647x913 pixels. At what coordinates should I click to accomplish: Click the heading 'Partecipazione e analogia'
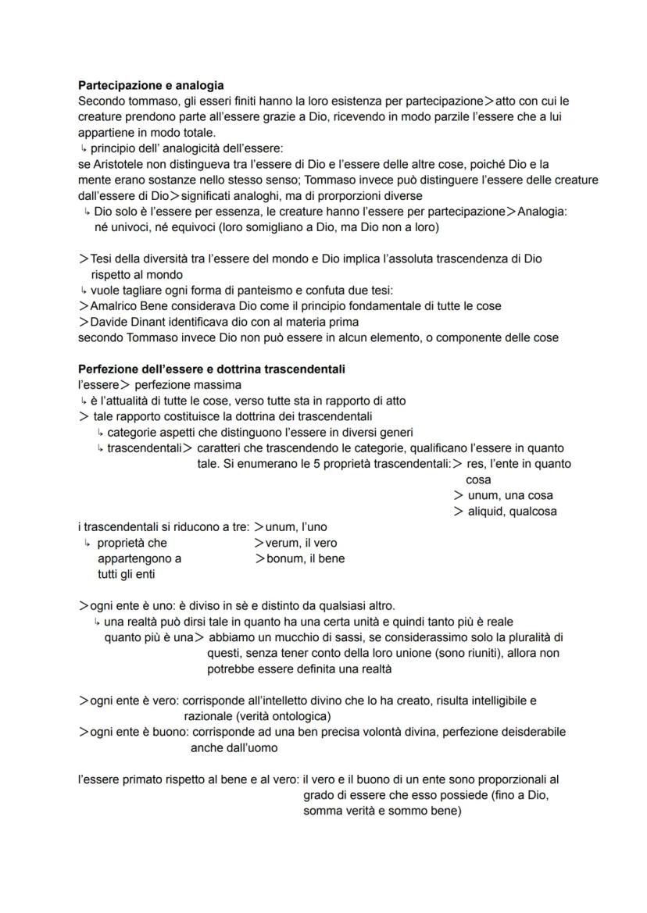click(x=151, y=85)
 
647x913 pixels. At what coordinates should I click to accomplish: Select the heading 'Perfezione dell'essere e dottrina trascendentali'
click(x=211, y=369)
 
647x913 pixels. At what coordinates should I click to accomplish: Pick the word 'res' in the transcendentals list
click(x=474, y=464)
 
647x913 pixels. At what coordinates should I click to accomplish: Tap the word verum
click(x=282, y=543)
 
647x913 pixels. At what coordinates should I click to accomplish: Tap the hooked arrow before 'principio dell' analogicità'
click(x=83, y=148)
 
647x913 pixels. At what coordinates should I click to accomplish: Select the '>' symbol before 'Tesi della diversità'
click(x=83, y=259)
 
